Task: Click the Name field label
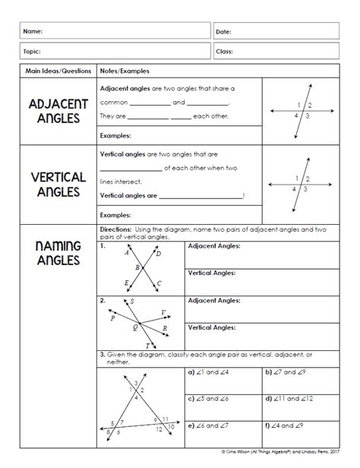[32, 31]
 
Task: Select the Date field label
[224, 32]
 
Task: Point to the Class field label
[225, 52]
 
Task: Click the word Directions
[116, 229]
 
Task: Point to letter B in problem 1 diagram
[137, 267]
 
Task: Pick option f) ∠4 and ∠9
[292, 425]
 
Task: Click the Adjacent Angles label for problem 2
[214, 302]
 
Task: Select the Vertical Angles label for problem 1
[212, 272]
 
